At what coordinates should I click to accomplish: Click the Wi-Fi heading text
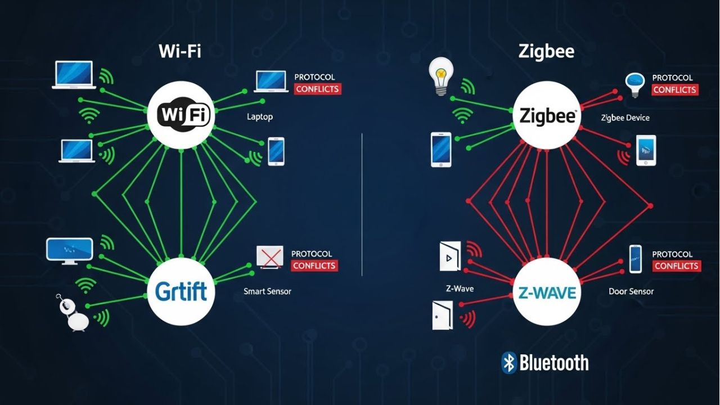[x=180, y=52]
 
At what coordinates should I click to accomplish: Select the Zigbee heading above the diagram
[x=546, y=52]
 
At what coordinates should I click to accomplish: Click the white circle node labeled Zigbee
[x=546, y=116]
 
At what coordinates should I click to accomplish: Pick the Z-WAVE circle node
[x=546, y=292]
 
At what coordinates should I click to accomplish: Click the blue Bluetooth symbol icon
[x=508, y=363]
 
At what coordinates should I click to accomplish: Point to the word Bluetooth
[x=554, y=363]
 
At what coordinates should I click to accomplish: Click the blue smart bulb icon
[x=634, y=84]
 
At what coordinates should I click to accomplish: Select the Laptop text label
[x=260, y=117]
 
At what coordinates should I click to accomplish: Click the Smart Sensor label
[x=267, y=291]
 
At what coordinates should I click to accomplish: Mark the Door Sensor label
[x=631, y=291]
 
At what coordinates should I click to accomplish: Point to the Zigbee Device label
[x=625, y=118]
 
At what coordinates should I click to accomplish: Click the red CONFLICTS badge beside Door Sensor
[x=676, y=266]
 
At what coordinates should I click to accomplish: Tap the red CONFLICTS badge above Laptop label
[x=317, y=89]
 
